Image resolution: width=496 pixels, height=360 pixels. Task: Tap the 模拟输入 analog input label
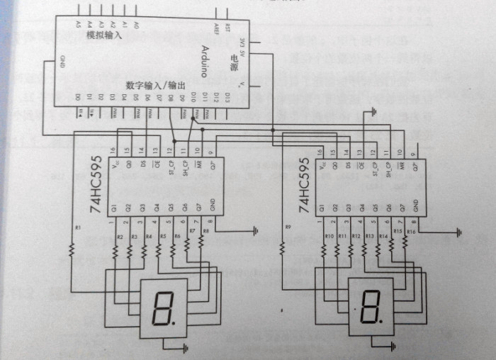tap(105, 35)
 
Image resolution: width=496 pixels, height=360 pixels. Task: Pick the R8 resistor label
tap(206, 230)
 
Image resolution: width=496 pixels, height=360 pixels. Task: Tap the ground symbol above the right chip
tap(371, 111)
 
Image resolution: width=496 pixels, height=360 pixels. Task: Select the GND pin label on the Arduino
tap(62, 60)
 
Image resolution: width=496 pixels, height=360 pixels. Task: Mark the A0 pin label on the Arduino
tap(135, 26)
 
